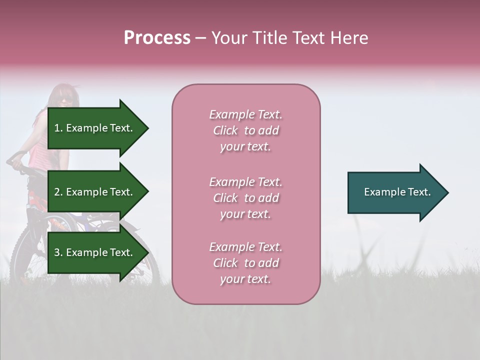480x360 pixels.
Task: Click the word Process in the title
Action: pyautogui.click(x=157, y=38)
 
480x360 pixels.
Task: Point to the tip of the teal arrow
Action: pyautogui.click(x=447, y=192)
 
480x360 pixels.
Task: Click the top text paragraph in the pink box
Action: pyautogui.click(x=245, y=130)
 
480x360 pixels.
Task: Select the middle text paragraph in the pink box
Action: pyautogui.click(x=245, y=198)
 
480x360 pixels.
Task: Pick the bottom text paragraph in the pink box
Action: pyautogui.click(x=245, y=263)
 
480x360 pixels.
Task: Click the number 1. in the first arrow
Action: pyautogui.click(x=58, y=128)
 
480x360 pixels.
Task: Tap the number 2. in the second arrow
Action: pyautogui.click(x=58, y=192)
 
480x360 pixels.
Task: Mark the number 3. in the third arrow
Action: pyautogui.click(x=58, y=252)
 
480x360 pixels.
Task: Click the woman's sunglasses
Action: pyautogui.click(x=65, y=100)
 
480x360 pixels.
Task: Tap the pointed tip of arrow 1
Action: pyautogui.click(x=147, y=128)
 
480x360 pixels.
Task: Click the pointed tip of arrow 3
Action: pyautogui.click(x=147, y=252)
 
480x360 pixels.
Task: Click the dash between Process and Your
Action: pyautogui.click(x=200, y=38)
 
